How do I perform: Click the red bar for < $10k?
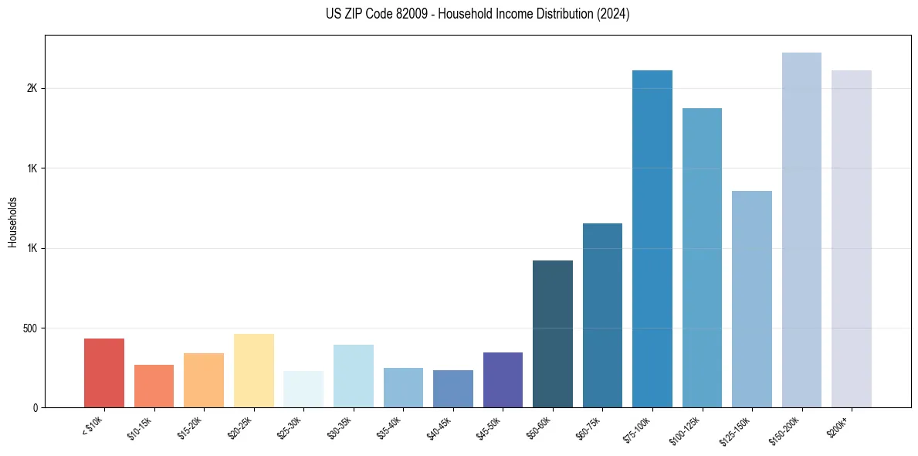pyautogui.click(x=104, y=373)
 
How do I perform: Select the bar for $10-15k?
pyautogui.click(x=154, y=386)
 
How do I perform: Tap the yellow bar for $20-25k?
pyautogui.click(x=254, y=370)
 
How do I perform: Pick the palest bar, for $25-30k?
pyautogui.click(x=303, y=389)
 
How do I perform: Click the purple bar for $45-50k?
pyautogui.click(x=503, y=379)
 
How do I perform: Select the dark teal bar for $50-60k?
pyautogui.click(x=553, y=334)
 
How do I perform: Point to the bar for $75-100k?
pyautogui.click(x=652, y=239)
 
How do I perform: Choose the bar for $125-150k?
pyautogui.click(x=752, y=299)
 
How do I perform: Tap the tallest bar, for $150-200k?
pyautogui.click(x=801, y=230)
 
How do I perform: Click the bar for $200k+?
pyautogui.click(x=852, y=239)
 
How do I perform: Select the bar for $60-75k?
pyautogui.click(x=602, y=315)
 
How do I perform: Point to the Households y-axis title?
pyautogui.click(x=12, y=222)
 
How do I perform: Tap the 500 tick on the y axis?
pyautogui.click(x=30, y=328)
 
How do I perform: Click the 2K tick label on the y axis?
pyautogui.click(x=32, y=88)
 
